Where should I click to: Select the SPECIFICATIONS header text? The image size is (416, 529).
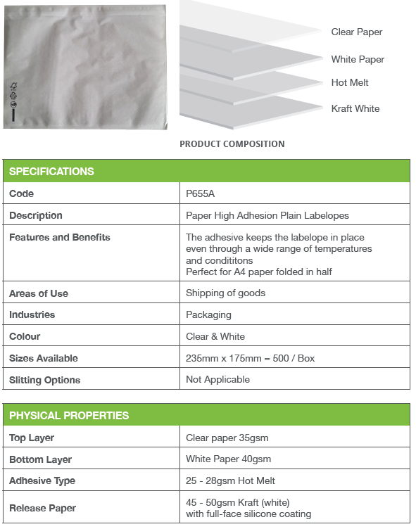[x=51, y=172]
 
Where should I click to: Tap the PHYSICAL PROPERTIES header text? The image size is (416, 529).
[x=69, y=416]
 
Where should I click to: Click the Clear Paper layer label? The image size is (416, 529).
[x=357, y=32]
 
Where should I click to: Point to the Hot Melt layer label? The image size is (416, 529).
[x=350, y=83]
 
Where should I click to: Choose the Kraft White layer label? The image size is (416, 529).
[x=355, y=109]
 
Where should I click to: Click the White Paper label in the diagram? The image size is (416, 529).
[x=358, y=60]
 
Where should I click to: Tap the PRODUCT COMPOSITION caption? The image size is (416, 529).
[x=232, y=144]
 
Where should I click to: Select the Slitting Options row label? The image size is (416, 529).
[x=45, y=380]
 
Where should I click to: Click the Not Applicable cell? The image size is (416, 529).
[x=218, y=379]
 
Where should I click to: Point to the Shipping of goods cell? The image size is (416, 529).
[x=225, y=293]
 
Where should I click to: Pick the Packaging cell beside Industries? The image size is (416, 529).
[x=208, y=315]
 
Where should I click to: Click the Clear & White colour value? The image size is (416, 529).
[x=215, y=336]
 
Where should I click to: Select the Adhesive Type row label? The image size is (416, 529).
[x=42, y=481]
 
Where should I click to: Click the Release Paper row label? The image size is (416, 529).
[x=42, y=508]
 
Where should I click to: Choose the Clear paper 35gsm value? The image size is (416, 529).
[x=227, y=438]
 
